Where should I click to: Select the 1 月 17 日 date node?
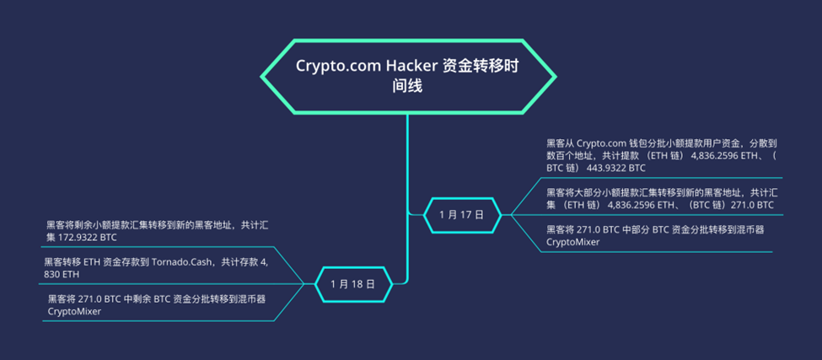coord(462,214)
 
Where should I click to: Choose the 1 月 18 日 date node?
coord(352,283)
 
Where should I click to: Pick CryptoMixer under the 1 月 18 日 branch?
coord(74,310)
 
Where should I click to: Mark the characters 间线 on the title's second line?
coord(406,86)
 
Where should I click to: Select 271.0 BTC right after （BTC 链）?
coord(753,204)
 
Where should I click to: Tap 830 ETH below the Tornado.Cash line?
coord(62,275)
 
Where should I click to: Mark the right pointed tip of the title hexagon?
coord(556,77)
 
